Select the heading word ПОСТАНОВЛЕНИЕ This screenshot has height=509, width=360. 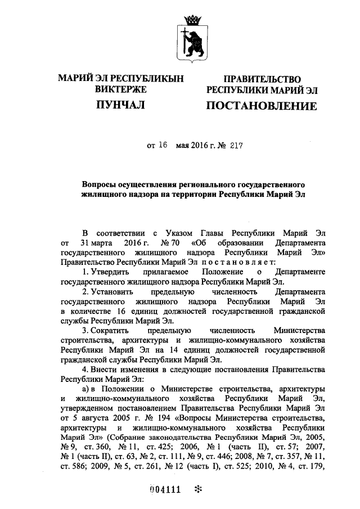pyautogui.click(x=261, y=105)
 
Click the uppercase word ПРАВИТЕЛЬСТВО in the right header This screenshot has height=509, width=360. pyautogui.click(x=262, y=79)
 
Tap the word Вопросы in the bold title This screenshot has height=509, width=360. pyautogui.click(x=100, y=184)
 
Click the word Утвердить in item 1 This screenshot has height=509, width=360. pyautogui.click(x=110, y=272)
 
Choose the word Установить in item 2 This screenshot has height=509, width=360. pyautogui.click(x=111, y=292)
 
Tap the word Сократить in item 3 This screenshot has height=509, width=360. pyautogui.click(x=110, y=331)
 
